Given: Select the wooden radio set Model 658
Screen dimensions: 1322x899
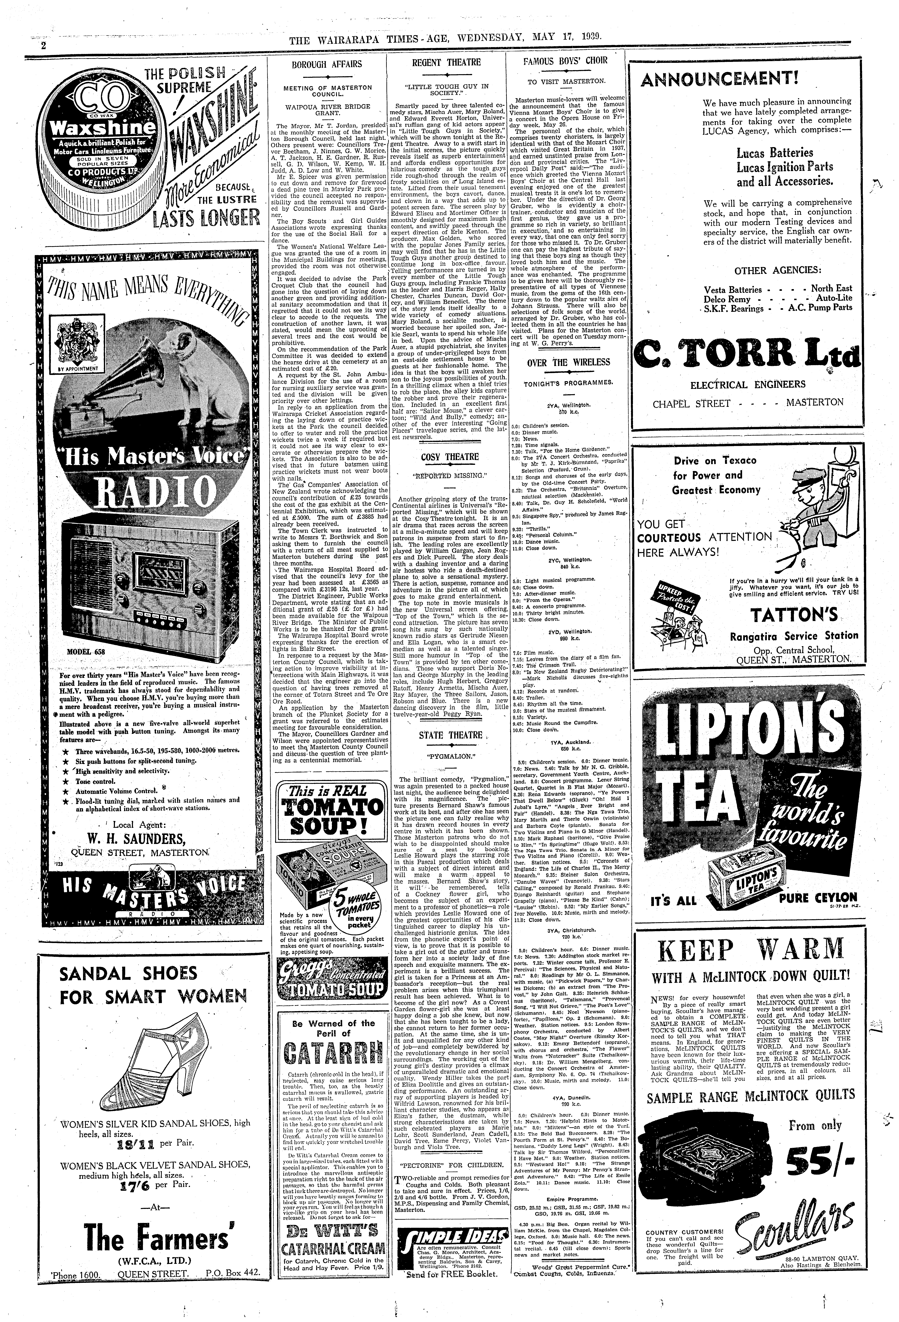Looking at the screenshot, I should pyautogui.click(x=147, y=580).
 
